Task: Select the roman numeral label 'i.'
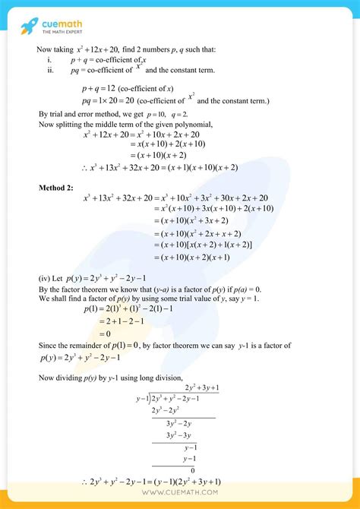[49, 59]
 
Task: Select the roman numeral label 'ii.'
[50, 70]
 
